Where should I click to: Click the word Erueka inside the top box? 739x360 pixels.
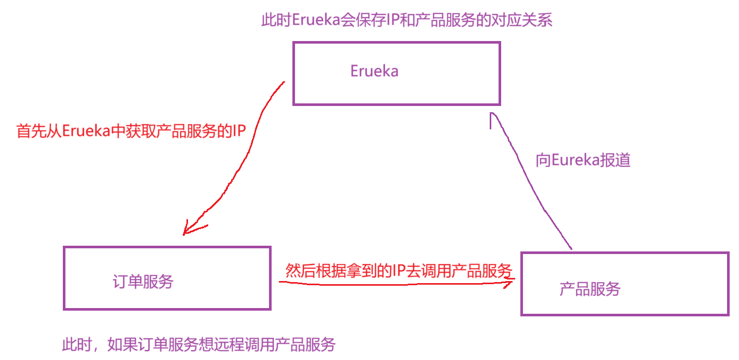(x=374, y=71)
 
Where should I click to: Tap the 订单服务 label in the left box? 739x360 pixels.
(x=143, y=282)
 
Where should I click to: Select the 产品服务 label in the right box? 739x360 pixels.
(x=590, y=289)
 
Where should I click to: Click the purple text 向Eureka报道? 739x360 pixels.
(x=583, y=161)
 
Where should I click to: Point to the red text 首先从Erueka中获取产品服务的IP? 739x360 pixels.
(x=131, y=131)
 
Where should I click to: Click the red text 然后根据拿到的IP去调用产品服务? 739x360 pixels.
(x=399, y=271)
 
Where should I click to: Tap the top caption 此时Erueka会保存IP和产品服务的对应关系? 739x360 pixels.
(x=407, y=20)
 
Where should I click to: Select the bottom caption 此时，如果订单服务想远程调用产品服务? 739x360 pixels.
(x=199, y=344)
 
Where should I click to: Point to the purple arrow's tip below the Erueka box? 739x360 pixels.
(x=491, y=115)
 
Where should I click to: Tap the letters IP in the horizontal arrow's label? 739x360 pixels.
(x=399, y=271)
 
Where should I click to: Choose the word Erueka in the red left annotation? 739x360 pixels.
(x=86, y=131)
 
